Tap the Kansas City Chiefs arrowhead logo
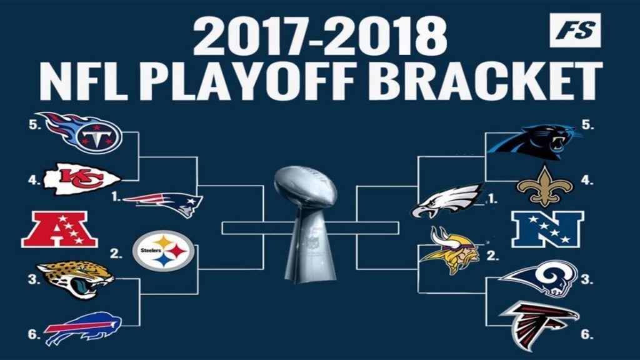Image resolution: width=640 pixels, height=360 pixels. point(82,179)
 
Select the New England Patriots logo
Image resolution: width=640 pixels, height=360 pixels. point(163,204)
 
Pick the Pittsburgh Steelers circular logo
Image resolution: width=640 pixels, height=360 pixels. point(164,251)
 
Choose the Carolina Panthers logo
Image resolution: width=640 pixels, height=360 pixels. point(535,144)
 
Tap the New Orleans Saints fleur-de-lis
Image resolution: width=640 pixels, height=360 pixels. point(544,186)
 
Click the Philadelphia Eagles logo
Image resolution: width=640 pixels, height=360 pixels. point(446,201)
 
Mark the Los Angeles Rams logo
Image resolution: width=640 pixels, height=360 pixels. point(539,278)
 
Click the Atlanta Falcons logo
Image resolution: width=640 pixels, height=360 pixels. point(539,325)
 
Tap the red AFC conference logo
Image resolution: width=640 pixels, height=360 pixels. point(59,229)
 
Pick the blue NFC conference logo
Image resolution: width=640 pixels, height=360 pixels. point(547,229)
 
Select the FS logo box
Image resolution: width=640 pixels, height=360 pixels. point(575,30)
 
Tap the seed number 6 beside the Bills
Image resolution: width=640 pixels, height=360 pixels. point(34,334)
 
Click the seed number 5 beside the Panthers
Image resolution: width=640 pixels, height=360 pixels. point(587,125)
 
